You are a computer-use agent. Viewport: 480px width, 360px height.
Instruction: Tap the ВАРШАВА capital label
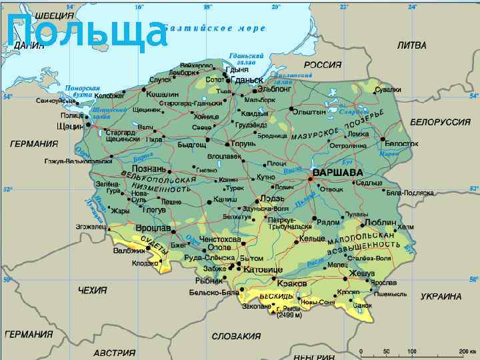pos(333,172)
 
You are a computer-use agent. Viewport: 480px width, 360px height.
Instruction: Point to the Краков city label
pos(291,283)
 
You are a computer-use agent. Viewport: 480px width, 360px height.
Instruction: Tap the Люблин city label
pos(381,222)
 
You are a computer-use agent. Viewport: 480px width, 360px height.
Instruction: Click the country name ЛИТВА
pos(411,46)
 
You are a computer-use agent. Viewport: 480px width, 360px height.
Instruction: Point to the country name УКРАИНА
pos(441,296)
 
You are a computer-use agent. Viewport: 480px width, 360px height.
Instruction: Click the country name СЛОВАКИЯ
pos(236,336)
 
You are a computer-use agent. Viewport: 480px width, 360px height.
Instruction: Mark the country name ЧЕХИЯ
pos(92,291)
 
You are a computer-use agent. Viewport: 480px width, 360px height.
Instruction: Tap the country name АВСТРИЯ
pos(114,352)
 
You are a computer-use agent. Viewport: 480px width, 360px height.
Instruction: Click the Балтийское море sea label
pos(214,29)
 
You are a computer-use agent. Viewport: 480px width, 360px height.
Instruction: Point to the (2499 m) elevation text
pos(289,315)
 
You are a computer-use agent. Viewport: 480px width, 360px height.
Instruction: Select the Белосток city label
pos(402,143)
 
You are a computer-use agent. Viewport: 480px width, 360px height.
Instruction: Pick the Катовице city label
pos(259,270)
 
